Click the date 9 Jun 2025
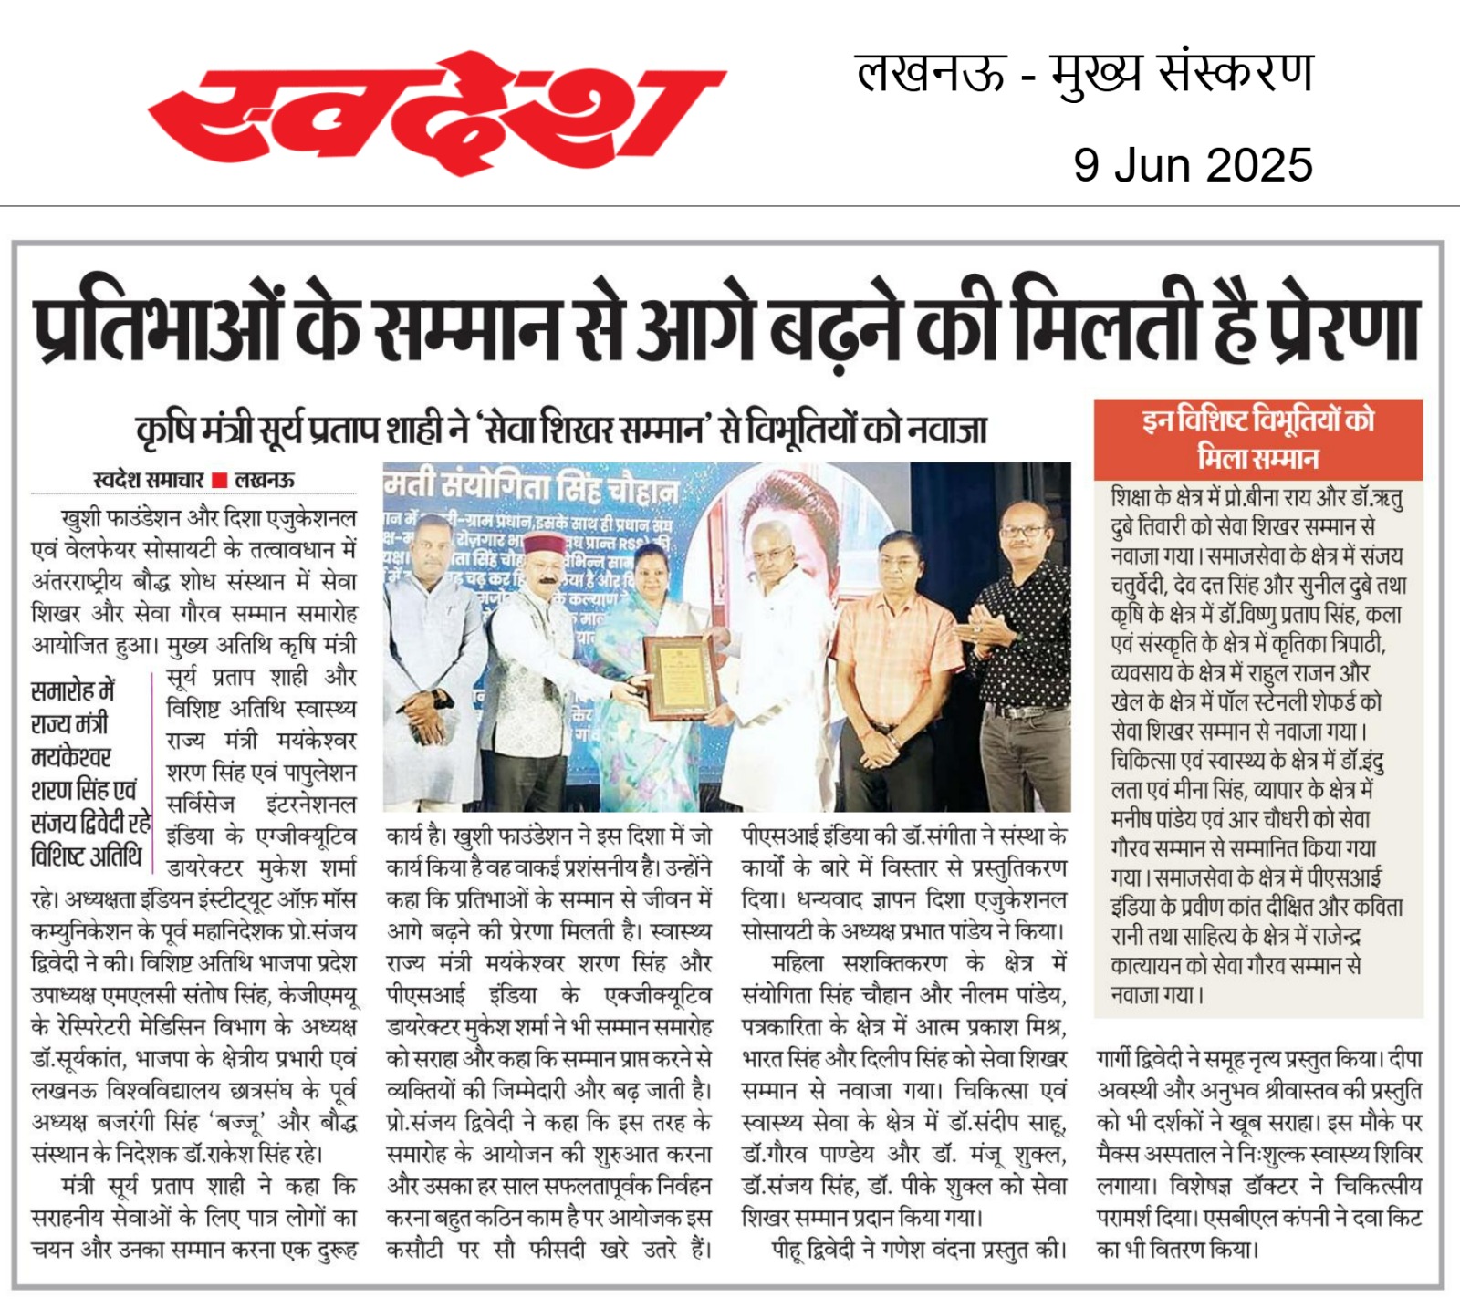click(1193, 165)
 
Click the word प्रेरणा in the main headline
click(1341, 329)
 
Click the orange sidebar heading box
click(1258, 439)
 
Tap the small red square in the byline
click(219, 481)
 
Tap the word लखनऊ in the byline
click(265, 481)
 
